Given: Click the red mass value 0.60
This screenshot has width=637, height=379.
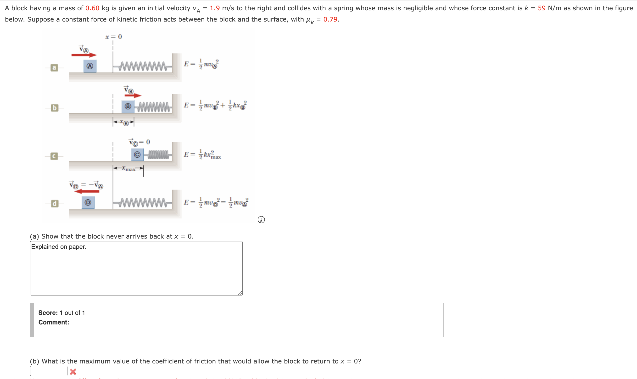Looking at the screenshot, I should [92, 8].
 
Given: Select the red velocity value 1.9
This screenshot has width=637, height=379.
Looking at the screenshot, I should [215, 8].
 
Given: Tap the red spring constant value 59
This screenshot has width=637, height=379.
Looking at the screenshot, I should [542, 8].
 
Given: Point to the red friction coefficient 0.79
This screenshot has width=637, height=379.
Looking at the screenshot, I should [330, 19].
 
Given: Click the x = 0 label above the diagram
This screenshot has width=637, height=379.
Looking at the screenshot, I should [114, 37].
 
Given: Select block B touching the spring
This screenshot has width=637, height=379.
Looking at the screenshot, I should [128, 106].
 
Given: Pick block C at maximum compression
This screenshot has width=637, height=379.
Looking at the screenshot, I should [137, 155].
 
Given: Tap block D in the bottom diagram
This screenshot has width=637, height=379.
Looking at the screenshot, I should [88, 202].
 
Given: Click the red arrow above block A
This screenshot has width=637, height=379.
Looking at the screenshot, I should [84, 55].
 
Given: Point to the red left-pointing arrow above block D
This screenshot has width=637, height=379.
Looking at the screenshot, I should [87, 191].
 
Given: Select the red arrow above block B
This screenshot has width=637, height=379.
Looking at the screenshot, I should [133, 95].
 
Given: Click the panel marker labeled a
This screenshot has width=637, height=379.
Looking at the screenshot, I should [54, 68].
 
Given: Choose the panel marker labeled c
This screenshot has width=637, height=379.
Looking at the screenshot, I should [54, 156].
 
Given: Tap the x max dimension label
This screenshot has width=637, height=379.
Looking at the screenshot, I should [129, 168].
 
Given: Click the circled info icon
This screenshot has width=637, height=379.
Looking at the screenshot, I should [261, 220].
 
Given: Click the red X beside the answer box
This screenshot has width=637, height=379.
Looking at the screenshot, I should [73, 372].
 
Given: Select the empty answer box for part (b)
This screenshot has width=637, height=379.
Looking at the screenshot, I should [49, 371].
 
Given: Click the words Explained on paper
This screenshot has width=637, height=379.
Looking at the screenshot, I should [58, 247].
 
